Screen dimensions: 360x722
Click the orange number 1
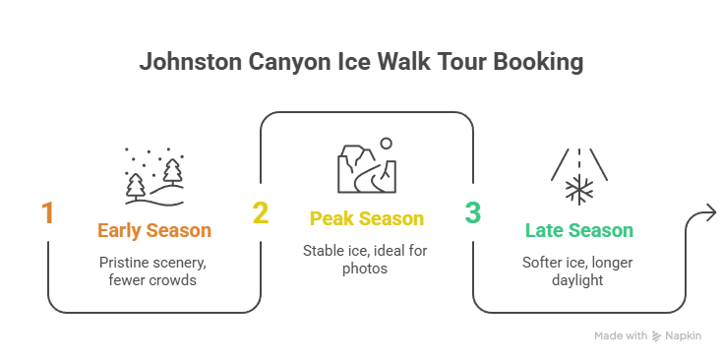(47, 213)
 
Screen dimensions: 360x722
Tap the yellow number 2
(260, 213)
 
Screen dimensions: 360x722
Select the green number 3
(472, 213)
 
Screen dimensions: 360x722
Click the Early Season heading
(154, 231)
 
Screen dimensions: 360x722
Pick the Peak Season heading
(367, 218)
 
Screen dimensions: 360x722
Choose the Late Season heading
(579, 231)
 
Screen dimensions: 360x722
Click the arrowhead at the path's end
(709, 214)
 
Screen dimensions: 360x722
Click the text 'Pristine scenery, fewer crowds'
(154, 272)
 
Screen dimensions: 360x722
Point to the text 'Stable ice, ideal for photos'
(367, 260)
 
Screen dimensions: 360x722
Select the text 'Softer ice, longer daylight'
(579, 272)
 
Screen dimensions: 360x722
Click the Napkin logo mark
(658, 335)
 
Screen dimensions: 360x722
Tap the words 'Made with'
(621, 335)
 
